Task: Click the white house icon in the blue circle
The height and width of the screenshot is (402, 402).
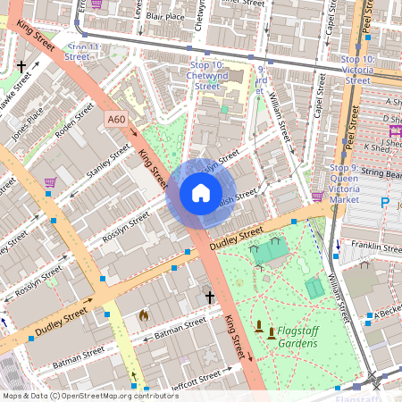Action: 201,193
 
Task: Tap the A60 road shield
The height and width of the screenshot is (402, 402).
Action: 116,119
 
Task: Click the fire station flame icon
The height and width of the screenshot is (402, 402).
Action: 143,315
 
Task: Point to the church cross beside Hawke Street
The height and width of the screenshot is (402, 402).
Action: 21,66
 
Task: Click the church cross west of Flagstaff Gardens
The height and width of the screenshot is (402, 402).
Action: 210,297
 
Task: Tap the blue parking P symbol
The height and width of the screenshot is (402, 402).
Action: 385,203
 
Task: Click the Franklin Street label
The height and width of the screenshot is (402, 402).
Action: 375,247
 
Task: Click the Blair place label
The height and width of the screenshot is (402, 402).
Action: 165,16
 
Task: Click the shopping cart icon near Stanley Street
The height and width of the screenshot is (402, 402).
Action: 50,183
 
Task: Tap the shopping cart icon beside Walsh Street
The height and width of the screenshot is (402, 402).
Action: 317,196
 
